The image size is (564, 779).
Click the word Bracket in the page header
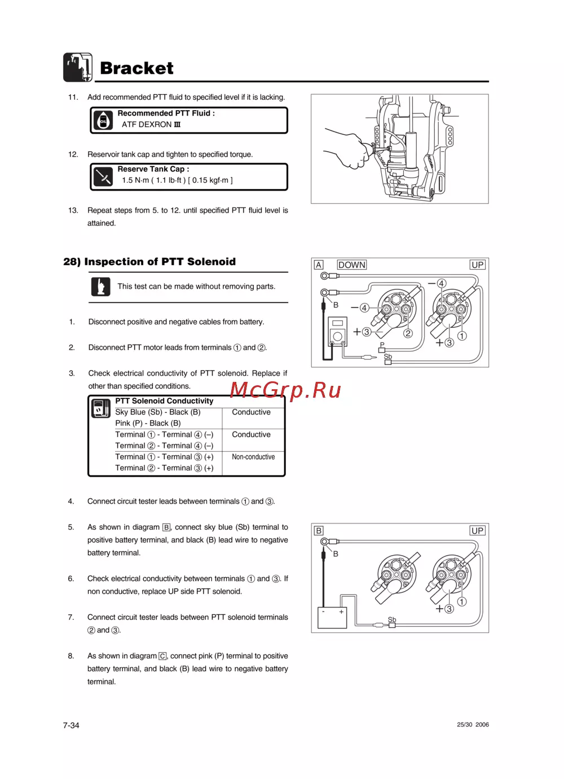(x=136, y=68)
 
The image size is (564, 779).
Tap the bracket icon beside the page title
(x=77, y=67)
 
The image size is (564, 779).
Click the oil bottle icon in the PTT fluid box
(x=103, y=121)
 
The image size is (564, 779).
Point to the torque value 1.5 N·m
(x=135, y=181)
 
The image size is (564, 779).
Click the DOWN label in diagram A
(x=351, y=265)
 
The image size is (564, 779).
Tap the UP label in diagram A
(x=477, y=265)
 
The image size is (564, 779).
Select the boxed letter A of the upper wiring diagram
(x=319, y=265)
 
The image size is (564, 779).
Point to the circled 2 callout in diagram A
(x=408, y=333)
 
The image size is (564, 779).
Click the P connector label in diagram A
(x=382, y=345)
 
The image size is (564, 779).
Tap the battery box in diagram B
(x=332, y=618)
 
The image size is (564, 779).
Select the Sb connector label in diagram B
(x=392, y=620)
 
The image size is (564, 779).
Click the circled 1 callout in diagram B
(x=462, y=602)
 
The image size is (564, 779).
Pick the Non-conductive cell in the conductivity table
(x=253, y=457)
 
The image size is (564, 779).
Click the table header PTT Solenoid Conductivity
(x=164, y=401)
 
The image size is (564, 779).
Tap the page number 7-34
(x=71, y=725)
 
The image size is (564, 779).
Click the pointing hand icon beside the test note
(x=101, y=287)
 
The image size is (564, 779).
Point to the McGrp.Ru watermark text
(x=285, y=390)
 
